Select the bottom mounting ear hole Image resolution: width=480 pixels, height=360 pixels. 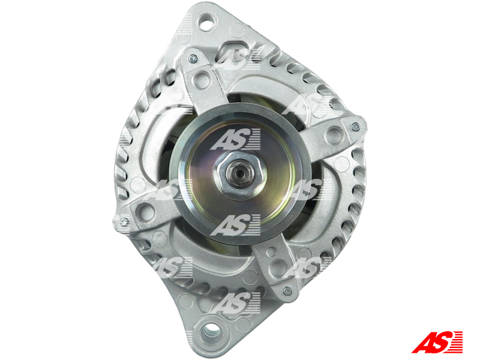pyautogui.click(x=212, y=330)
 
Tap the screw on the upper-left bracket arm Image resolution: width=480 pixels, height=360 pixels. pyautogui.click(x=191, y=58)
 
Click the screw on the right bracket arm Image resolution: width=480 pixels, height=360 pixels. pyautogui.click(x=355, y=127)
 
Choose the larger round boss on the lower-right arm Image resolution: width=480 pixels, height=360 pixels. pyautogui.click(x=277, y=265)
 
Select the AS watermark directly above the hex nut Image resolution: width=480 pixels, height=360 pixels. pyautogui.click(x=235, y=140)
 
